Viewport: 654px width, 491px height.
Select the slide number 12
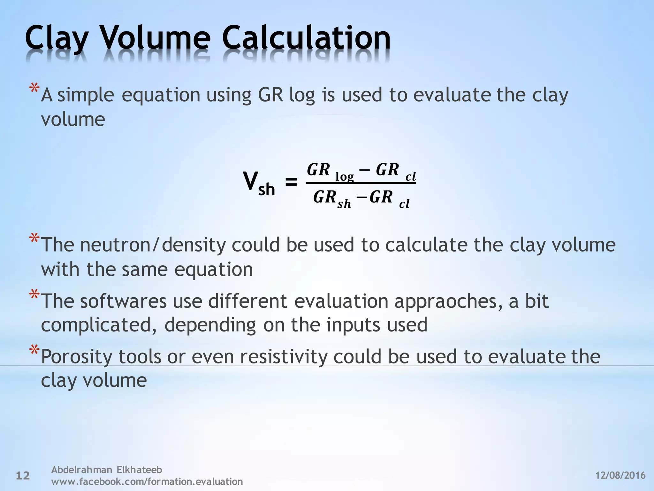(x=23, y=476)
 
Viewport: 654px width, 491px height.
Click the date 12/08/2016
(x=620, y=475)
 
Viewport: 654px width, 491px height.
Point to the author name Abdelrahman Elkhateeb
(x=107, y=470)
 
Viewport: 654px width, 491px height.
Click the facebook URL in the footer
(x=147, y=481)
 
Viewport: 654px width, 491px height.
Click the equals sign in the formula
(x=291, y=183)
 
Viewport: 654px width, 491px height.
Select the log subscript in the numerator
(x=345, y=177)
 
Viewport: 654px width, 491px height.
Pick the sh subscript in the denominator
(x=344, y=204)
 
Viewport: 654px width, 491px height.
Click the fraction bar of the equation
(x=361, y=183)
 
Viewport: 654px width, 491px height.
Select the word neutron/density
(x=153, y=245)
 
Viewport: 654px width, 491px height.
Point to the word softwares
(x=123, y=301)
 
